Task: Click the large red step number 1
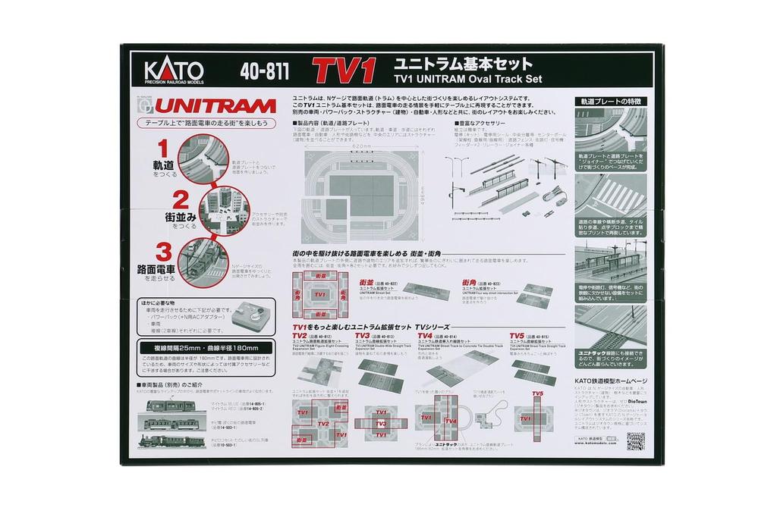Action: click(x=162, y=149)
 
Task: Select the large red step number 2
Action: click(x=180, y=201)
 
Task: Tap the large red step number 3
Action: click(x=162, y=252)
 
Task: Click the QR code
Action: click(x=635, y=441)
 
